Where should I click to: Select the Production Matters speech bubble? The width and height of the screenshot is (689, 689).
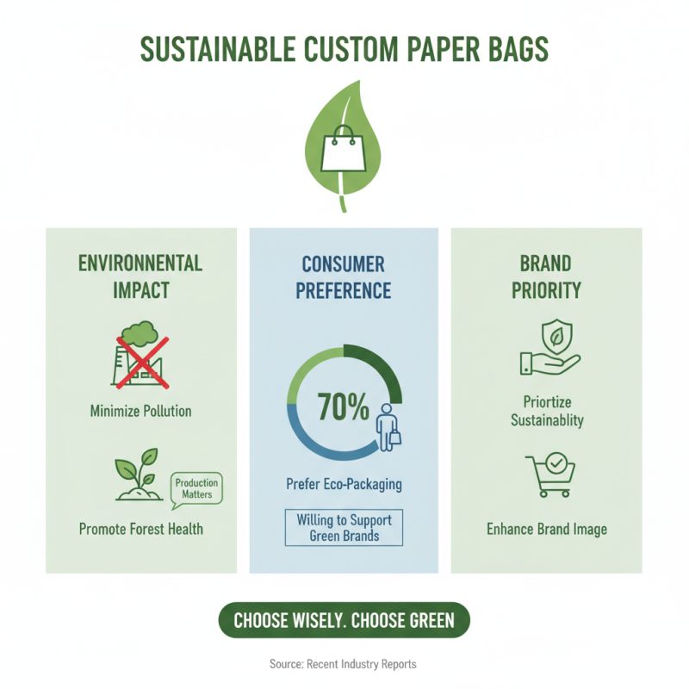[197, 488]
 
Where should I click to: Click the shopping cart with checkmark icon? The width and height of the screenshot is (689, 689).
[549, 475]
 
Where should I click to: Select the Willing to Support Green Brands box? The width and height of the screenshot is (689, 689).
[344, 527]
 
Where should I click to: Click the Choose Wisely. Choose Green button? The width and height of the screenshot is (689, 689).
[344, 620]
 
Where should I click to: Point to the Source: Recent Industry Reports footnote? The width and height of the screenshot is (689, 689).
[344, 664]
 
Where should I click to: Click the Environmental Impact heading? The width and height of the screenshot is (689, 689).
[140, 276]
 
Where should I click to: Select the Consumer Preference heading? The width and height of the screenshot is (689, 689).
[344, 276]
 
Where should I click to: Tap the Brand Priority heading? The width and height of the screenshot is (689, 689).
[546, 276]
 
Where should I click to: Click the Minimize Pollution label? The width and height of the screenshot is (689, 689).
[140, 411]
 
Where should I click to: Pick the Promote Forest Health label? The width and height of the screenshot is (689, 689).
[140, 529]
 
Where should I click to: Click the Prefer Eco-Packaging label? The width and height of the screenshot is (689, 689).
[344, 484]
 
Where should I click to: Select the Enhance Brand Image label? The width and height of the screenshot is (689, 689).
[546, 529]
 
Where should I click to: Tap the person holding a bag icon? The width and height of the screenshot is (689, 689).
[388, 425]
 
